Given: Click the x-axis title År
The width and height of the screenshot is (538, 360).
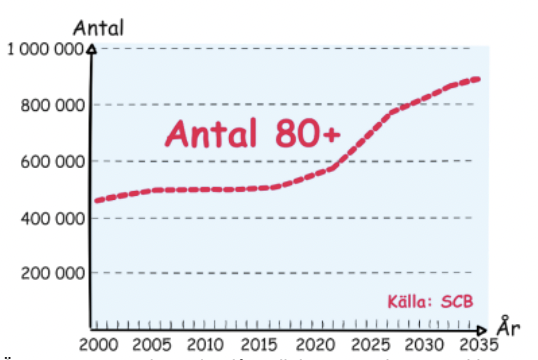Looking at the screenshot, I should [508, 327].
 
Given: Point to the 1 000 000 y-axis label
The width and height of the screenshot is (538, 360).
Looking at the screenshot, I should [46, 50].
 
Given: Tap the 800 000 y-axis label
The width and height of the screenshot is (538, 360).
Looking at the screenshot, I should [51, 105].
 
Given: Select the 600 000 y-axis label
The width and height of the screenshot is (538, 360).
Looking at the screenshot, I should [51, 161].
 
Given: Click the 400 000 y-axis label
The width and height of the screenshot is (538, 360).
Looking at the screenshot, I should [51, 217].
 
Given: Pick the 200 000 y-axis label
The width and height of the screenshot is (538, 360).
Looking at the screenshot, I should [51, 273].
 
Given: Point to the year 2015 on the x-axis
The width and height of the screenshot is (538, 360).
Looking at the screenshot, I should [262, 342].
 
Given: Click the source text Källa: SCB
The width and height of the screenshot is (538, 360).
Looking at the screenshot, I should [429, 301].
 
